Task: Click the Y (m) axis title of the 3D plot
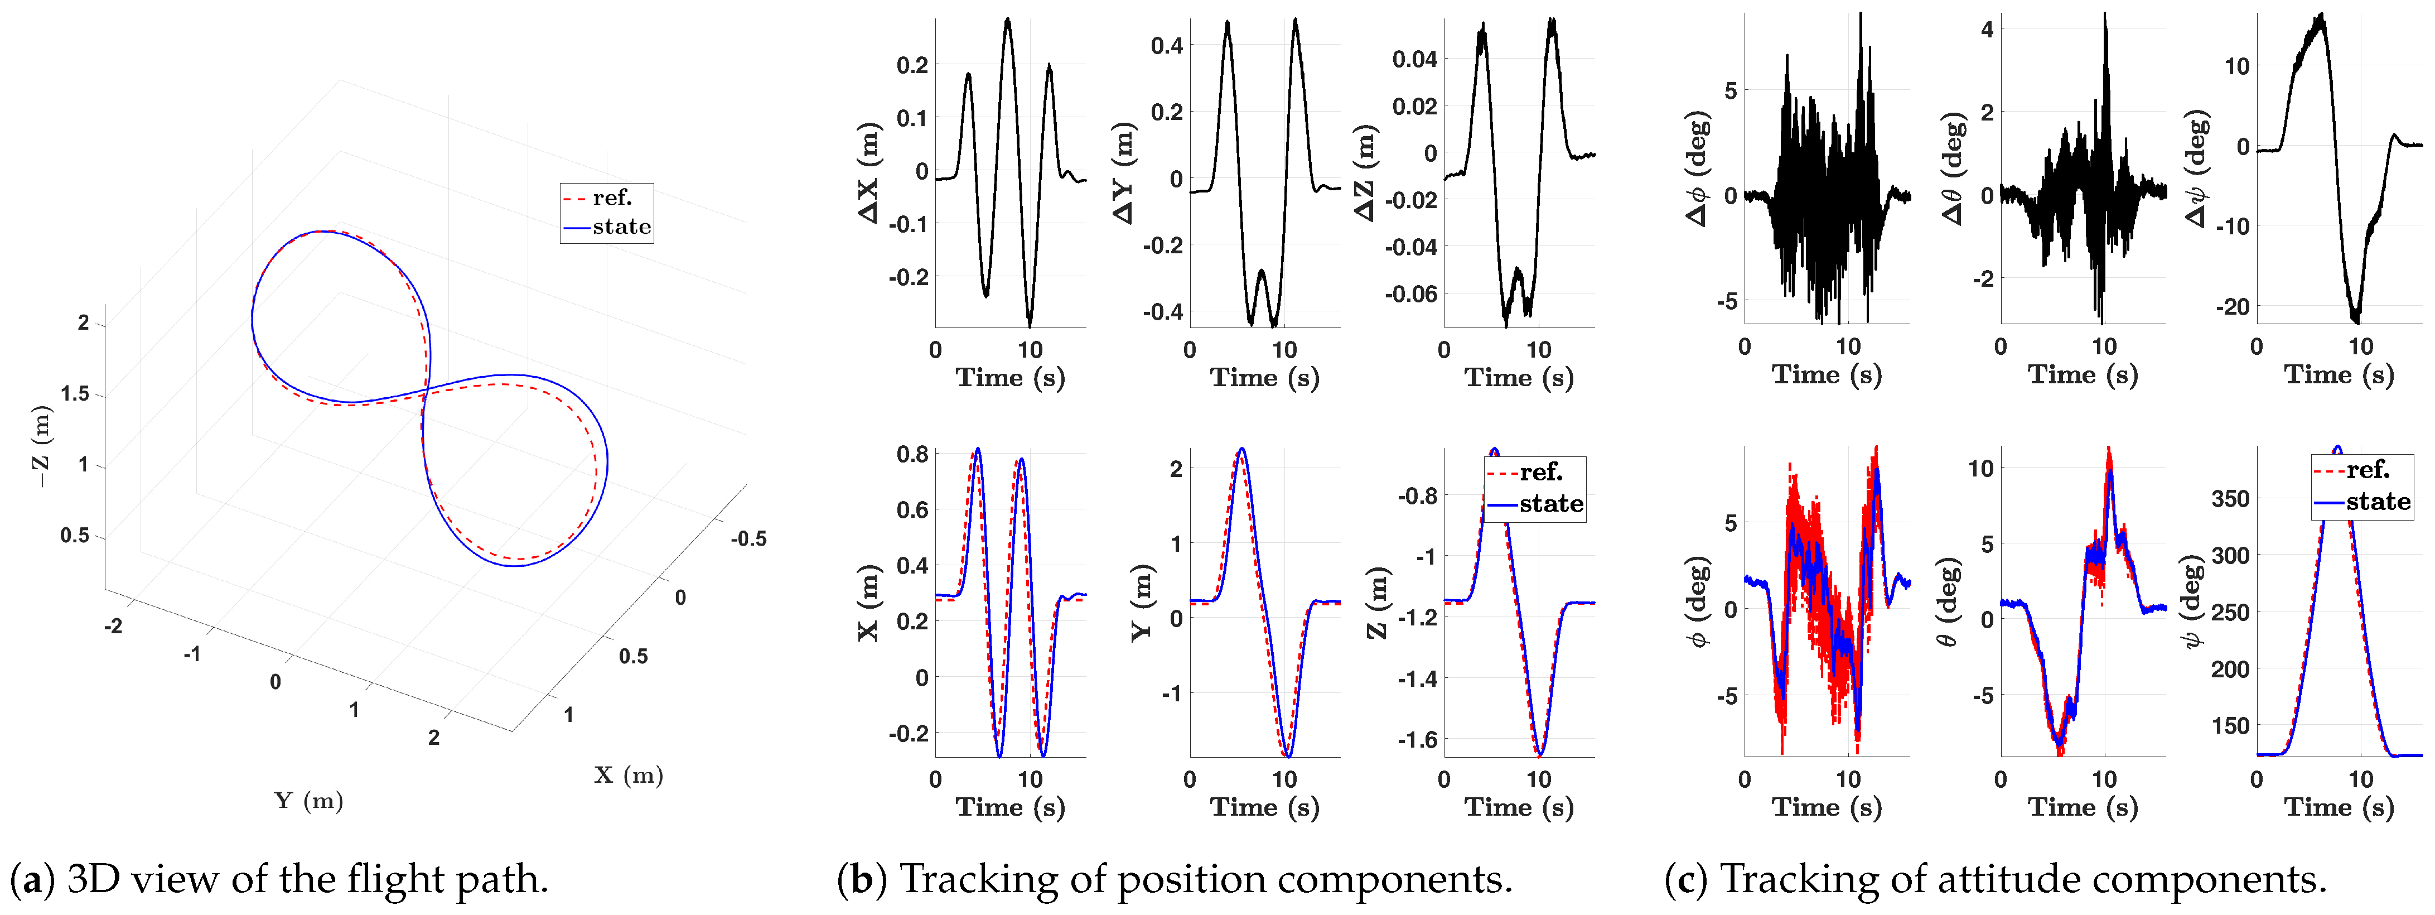[309, 801]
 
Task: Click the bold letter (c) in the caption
[1685, 879]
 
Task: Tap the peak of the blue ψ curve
[2337, 446]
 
